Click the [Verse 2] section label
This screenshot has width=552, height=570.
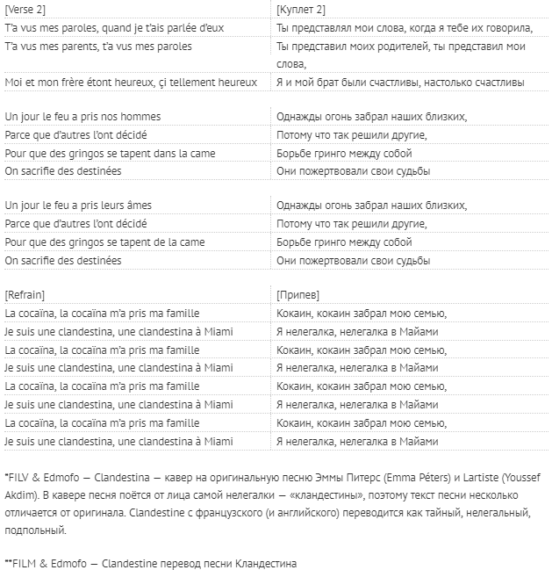[26, 11]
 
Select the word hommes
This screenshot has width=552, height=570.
[142, 117]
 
